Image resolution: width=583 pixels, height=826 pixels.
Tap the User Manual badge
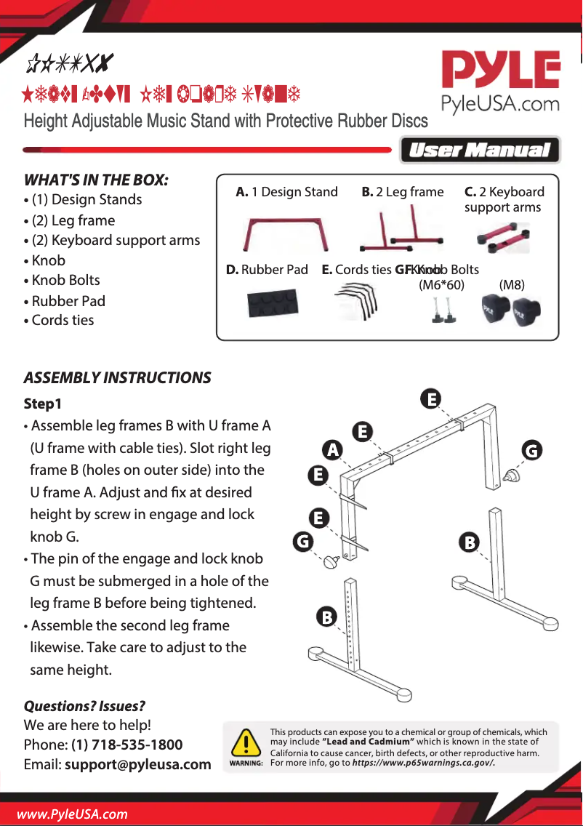[x=480, y=151]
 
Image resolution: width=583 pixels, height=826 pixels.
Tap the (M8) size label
[x=512, y=284]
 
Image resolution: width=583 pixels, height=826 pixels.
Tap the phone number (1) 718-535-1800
[x=126, y=745]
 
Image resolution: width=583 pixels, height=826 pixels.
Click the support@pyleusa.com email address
[x=137, y=764]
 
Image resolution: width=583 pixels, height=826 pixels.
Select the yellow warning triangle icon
[x=246, y=743]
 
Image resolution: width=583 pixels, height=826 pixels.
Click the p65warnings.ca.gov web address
[x=423, y=762]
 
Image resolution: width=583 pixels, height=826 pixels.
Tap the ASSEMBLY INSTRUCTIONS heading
[x=117, y=377]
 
